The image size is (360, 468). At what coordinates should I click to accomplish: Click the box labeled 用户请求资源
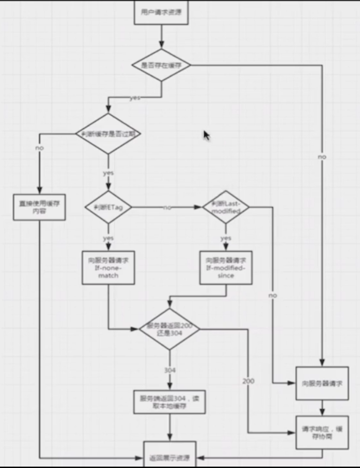[161, 11]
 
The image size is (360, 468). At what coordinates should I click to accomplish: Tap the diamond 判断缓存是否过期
[108, 133]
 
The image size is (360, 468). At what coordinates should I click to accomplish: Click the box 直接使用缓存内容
[39, 208]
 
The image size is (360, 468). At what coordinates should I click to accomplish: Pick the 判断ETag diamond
[108, 208]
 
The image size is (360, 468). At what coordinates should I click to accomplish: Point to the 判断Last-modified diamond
[226, 208]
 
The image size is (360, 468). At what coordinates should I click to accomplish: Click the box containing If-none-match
[108, 268]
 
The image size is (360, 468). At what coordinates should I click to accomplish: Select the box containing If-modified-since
[226, 268]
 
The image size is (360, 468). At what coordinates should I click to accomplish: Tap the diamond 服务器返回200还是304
[169, 329]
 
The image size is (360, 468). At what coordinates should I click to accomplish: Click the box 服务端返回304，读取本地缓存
[169, 402]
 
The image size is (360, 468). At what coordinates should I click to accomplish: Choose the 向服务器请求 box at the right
[322, 383]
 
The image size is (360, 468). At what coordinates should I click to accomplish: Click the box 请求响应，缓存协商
[322, 433]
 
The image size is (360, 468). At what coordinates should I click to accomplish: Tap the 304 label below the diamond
[169, 370]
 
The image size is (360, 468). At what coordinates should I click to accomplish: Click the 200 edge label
[248, 381]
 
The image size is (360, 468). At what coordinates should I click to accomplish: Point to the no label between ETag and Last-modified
[167, 208]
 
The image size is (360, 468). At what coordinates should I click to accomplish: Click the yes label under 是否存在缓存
[134, 98]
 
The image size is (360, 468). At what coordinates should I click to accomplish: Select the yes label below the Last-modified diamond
[226, 238]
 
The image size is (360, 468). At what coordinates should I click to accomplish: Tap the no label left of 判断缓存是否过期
[39, 148]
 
